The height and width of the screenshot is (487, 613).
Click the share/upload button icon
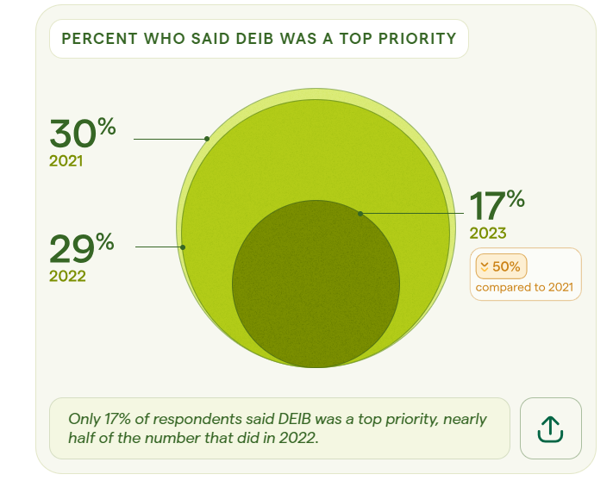click(x=550, y=428)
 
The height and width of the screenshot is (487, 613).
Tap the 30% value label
click(x=82, y=133)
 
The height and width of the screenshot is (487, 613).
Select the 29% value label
click(x=81, y=248)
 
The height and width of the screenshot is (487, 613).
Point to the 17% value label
click(x=497, y=205)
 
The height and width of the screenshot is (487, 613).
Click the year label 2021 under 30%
click(x=66, y=160)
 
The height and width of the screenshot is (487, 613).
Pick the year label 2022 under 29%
click(x=67, y=276)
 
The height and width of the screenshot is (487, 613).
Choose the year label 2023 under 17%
click(x=488, y=233)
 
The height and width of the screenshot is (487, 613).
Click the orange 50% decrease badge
click(x=501, y=266)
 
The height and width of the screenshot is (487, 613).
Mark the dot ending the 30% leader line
click(x=207, y=138)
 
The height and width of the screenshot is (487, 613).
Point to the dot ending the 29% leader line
click(x=183, y=247)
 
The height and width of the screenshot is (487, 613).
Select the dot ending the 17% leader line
click(x=360, y=213)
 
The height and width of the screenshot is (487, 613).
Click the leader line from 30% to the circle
click(x=169, y=138)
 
